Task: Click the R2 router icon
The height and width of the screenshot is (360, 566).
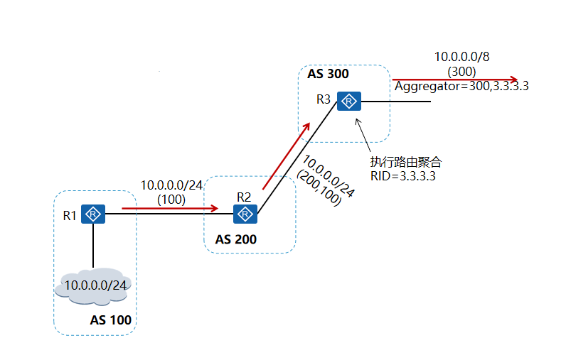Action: coord(245,214)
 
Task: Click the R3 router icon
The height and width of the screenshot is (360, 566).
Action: coord(349,102)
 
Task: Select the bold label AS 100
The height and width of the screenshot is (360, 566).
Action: coord(110,320)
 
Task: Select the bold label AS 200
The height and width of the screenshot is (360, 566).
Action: coord(235,240)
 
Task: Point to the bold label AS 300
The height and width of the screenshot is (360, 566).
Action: coord(329,74)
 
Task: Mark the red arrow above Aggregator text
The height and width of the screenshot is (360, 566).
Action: coord(455,80)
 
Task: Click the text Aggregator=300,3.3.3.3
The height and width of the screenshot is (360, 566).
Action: coord(462,87)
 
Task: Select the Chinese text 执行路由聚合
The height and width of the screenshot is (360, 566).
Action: coord(406,162)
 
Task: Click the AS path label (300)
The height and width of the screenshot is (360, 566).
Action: coord(461,71)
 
